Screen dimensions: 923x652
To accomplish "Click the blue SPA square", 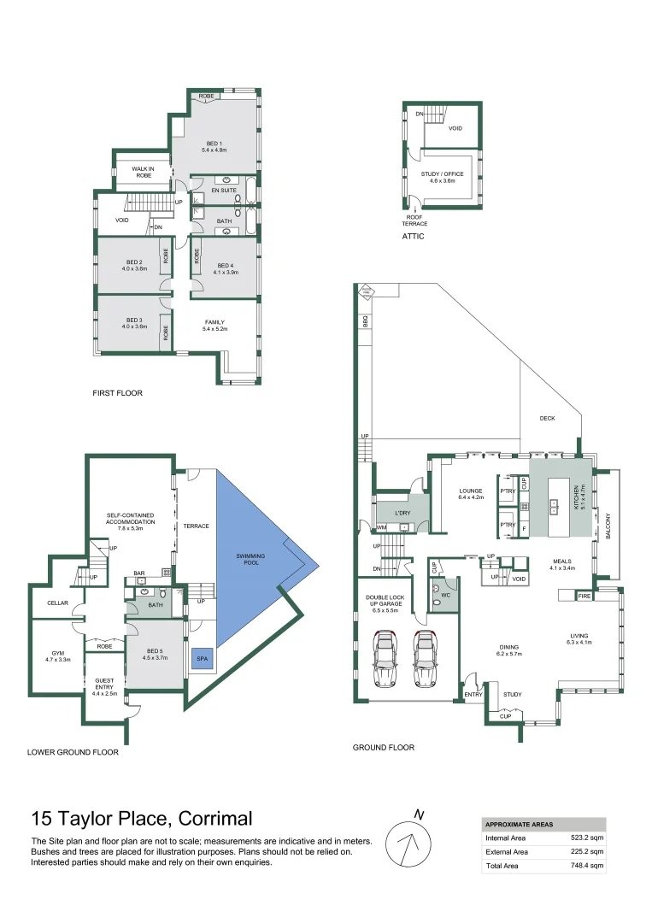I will coord(202,659).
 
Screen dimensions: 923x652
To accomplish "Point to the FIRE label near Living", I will coord(584,596).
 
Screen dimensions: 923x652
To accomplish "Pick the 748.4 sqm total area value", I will coord(589,866).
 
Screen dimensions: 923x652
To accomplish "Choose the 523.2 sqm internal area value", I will coord(589,838).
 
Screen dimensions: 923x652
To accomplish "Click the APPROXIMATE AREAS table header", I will coord(519,825).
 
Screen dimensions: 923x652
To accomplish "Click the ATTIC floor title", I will coord(413,237).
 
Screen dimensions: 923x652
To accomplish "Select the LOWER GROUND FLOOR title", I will coord(73,753).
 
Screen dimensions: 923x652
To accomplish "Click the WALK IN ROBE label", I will coord(143,172).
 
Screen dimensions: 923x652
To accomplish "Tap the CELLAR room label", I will coord(58,603).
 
